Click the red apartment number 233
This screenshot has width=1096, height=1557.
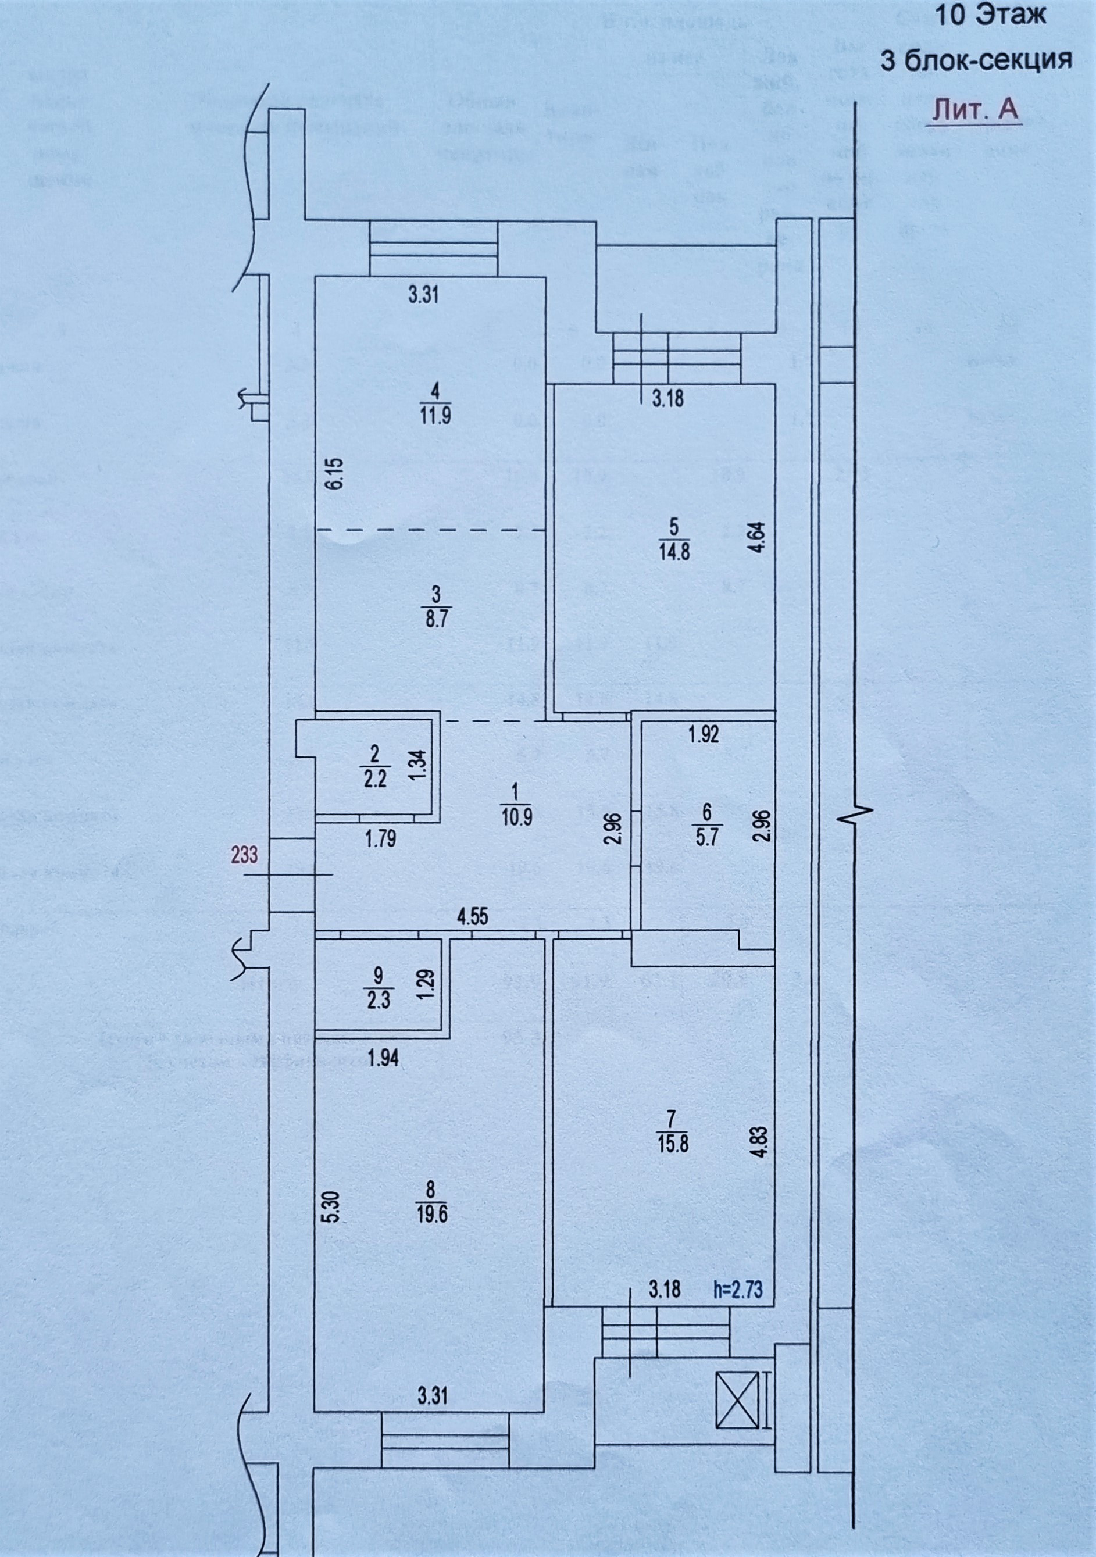(244, 855)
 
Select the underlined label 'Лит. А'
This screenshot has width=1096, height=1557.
(974, 110)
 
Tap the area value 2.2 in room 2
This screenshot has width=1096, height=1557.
(375, 779)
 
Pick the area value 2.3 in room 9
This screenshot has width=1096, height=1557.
(379, 1001)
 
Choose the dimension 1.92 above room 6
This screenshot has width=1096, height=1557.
(704, 734)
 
